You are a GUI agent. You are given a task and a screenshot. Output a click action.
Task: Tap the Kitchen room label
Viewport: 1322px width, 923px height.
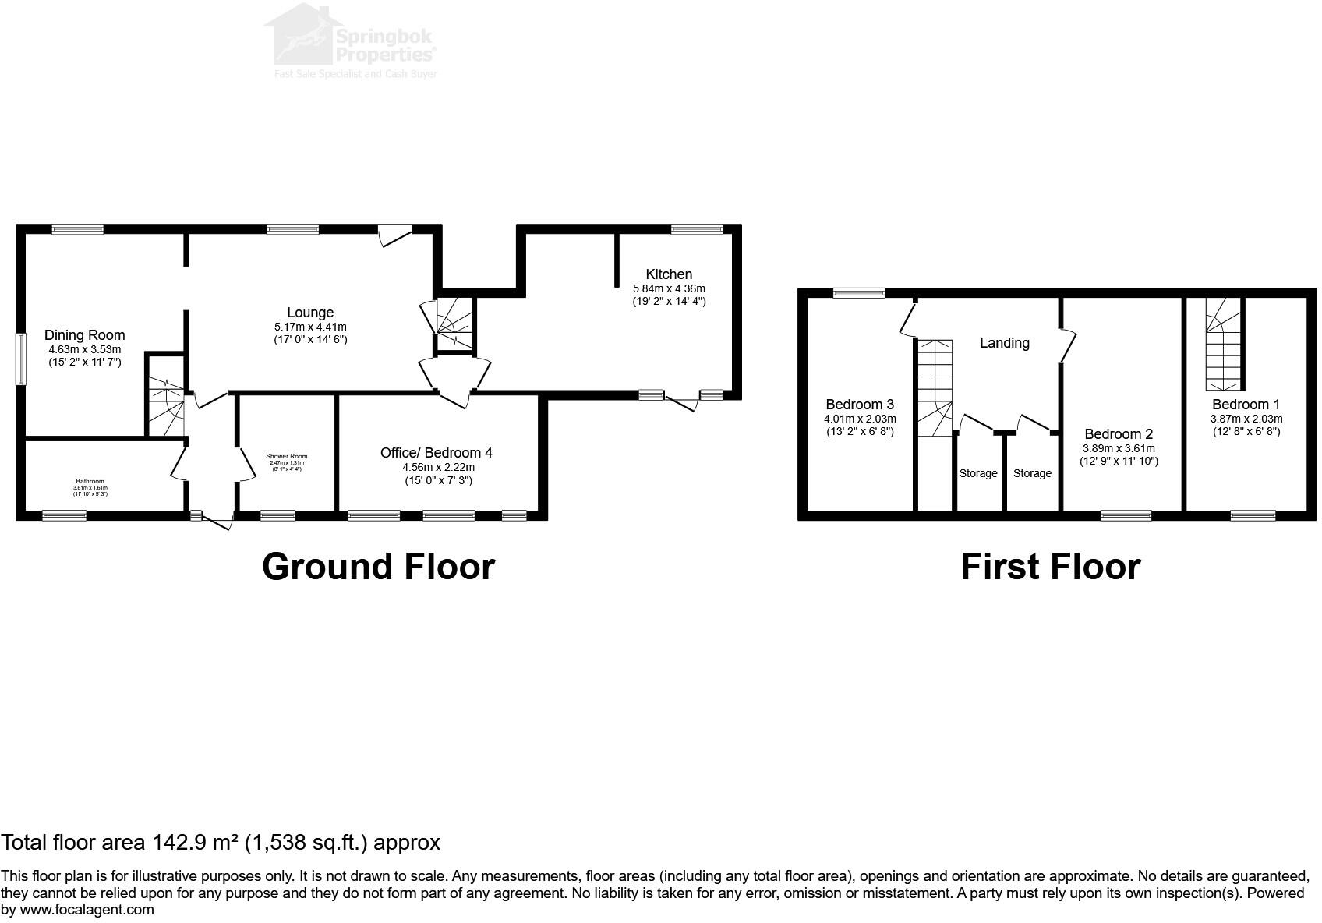669,274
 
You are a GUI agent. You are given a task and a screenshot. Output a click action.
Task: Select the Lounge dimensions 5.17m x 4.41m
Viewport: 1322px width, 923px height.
310,327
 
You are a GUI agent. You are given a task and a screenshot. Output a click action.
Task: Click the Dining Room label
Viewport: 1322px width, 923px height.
84,335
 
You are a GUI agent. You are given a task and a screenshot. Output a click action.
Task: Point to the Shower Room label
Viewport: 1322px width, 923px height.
286,456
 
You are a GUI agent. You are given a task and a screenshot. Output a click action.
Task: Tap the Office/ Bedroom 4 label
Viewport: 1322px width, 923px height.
437,452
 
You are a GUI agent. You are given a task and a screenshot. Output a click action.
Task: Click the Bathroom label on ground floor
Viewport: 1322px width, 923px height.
90,481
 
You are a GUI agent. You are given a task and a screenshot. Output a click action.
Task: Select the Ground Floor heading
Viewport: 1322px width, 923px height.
378,567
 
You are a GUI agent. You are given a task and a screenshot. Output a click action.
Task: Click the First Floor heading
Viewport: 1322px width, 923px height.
1050,567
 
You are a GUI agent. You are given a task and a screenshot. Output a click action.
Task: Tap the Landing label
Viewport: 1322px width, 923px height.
1004,343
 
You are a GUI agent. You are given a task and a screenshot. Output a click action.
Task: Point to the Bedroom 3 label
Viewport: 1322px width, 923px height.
860,405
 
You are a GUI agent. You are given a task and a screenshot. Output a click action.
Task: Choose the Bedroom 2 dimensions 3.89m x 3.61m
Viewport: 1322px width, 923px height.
1119,448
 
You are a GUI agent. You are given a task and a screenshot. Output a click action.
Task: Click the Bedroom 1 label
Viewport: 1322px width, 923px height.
1246,405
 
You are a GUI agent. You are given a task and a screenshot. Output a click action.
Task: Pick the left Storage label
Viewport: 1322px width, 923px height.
978,473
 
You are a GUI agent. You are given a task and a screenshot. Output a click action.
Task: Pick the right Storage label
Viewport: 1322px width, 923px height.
1032,473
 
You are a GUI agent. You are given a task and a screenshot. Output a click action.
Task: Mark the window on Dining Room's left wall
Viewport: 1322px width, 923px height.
21,359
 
